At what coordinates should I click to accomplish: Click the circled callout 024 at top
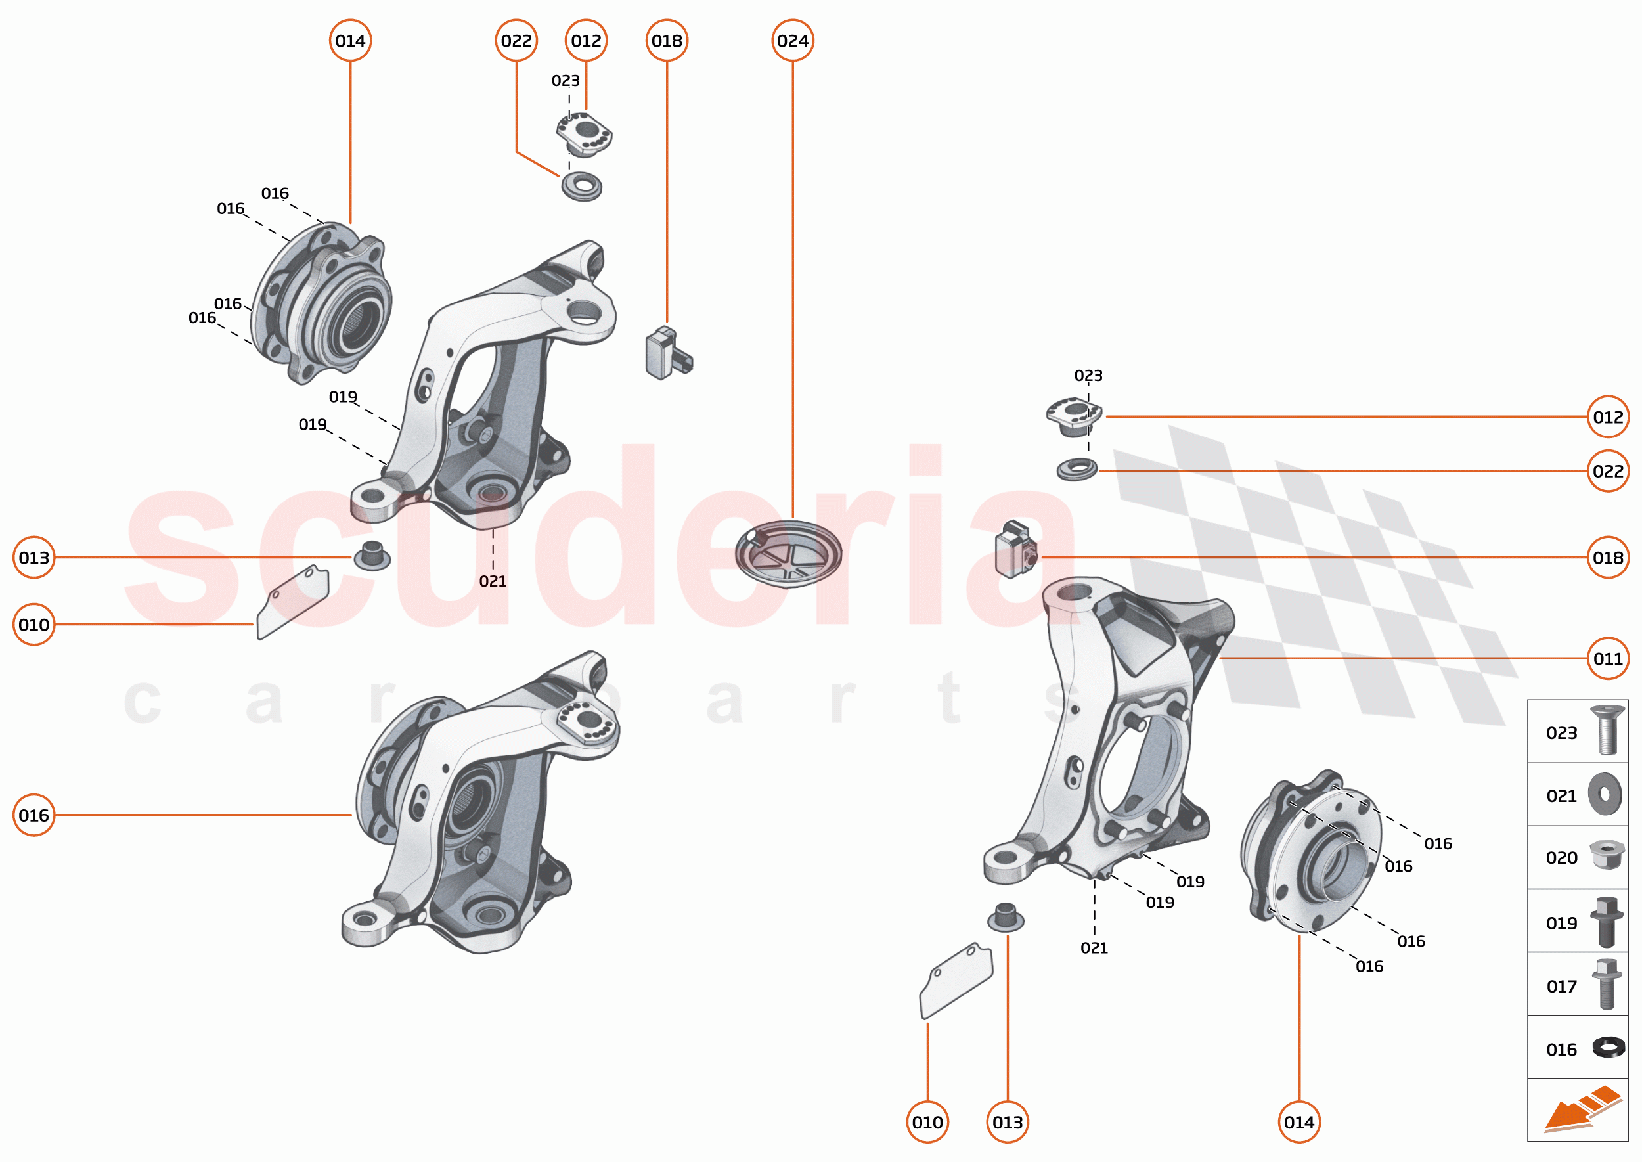tap(792, 41)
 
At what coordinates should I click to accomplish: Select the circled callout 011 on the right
tap(1607, 658)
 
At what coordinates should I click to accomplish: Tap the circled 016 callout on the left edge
tap(33, 815)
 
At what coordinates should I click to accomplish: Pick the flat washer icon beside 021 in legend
tap(1604, 794)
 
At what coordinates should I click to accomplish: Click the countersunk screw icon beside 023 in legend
tap(1607, 730)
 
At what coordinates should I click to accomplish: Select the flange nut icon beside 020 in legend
tap(1607, 855)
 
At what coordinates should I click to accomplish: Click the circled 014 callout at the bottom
tap(1298, 1122)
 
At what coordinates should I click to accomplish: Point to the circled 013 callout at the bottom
tap(1007, 1122)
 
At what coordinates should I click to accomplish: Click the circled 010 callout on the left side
tap(33, 625)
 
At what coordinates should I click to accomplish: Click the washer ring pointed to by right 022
tap(1076, 470)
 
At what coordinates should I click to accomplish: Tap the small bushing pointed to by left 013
tap(371, 556)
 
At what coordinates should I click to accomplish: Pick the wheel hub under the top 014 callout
tap(322, 302)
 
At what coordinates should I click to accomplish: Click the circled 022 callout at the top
tap(516, 41)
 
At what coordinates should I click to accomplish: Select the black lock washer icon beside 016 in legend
tap(1607, 1048)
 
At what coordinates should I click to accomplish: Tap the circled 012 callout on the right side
tap(1607, 416)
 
